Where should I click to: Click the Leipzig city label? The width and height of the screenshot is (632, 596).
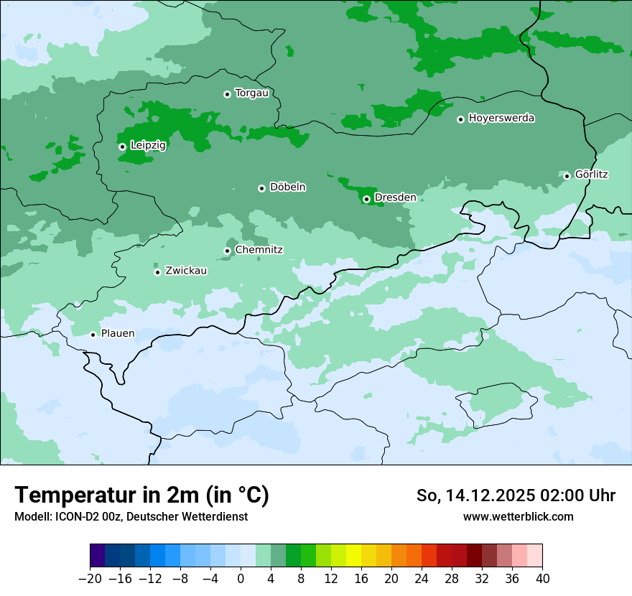[148, 146]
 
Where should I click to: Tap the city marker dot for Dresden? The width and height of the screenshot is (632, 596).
[366, 199]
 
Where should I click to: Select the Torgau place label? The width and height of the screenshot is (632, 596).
[251, 93]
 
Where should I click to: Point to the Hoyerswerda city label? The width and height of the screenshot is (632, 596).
[501, 118]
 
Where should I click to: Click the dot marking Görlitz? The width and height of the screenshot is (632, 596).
[567, 176]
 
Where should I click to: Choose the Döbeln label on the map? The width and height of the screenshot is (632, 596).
[287, 187]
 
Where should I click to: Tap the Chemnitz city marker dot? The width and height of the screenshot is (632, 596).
[227, 251]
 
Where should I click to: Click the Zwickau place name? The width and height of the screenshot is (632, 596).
[186, 271]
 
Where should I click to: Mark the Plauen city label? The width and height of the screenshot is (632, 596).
[117, 333]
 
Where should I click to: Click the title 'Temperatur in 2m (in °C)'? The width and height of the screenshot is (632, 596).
[141, 495]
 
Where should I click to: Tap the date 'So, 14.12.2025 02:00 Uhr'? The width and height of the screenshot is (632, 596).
[516, 495]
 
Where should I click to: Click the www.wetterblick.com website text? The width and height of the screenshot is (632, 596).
[518, 517]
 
